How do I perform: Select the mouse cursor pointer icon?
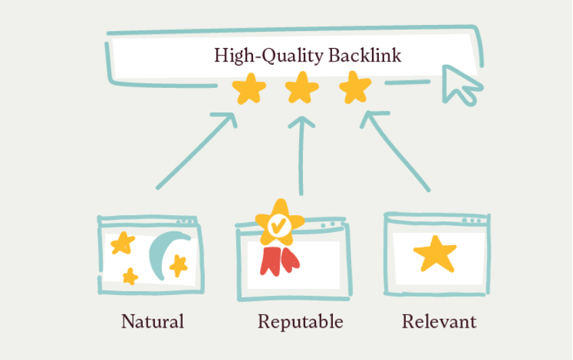coord(461,84)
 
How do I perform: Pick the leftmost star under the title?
coord(249,89)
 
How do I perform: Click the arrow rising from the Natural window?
coord(197,150)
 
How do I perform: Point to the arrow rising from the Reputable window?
coord(302,156)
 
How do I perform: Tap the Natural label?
coord(152,321)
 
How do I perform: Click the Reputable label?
coord(300,321)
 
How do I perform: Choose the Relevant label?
coord(439,321)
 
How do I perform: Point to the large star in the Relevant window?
coord(435,253)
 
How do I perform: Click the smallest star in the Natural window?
coord(130,275)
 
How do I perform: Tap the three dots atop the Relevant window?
coord(472,220)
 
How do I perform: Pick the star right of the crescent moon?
coord(179,266)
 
